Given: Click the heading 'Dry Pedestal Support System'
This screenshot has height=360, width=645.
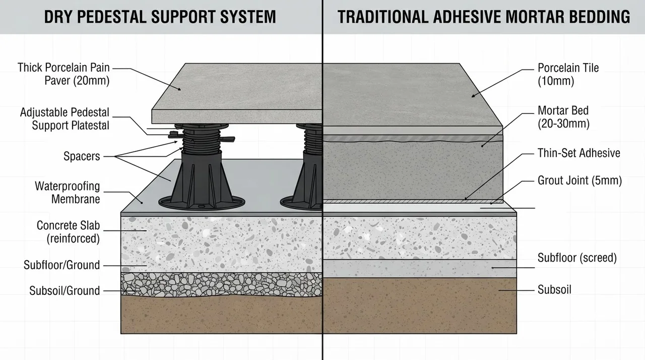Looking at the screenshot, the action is pos(160,17).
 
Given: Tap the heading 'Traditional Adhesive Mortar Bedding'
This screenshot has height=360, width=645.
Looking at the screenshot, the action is pos(484,17).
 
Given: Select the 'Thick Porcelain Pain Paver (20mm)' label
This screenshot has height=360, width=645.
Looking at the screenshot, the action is pos(63,74).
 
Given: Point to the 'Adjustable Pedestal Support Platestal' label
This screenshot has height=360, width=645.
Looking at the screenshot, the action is pos(65,118).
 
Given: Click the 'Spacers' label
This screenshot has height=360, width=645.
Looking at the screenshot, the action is pos(82,156).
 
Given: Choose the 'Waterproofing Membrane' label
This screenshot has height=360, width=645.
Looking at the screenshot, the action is pos(68,193).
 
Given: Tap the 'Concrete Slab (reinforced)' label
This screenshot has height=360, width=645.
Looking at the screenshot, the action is pos(68,232).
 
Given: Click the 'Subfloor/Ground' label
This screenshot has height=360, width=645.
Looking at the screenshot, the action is pos(61,265).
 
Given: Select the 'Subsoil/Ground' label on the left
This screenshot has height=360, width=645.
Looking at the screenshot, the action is pos(64,290).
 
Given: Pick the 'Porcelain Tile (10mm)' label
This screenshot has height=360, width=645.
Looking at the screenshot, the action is pos(568,74).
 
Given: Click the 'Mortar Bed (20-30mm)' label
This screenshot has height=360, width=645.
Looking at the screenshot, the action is pos(563,117).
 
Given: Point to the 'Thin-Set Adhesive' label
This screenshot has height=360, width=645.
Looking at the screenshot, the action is pos(579,153).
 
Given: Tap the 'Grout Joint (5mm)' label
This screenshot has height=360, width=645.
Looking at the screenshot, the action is pos(579,181).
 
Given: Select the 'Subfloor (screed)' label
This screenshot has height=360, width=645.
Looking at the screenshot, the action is pos(577,258).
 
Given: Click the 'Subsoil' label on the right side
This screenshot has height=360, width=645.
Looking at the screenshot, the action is pos(554,289).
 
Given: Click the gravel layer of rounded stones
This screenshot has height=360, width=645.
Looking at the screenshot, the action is pos(221,284).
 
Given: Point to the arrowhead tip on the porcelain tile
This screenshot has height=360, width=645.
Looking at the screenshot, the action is pos(471,97).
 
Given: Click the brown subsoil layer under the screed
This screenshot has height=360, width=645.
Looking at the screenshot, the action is pos(420,306).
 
